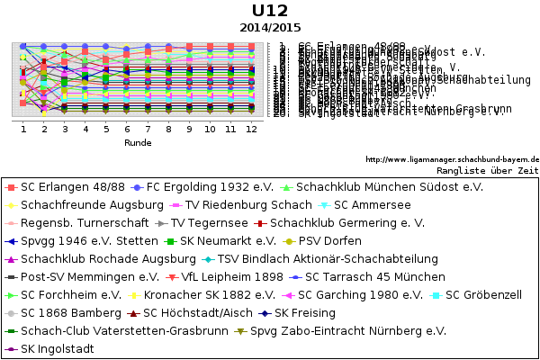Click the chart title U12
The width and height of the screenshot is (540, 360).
coord(270,11)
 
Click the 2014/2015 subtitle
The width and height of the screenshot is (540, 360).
coord(270,28)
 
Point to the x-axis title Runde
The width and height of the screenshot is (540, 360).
coord(138,142)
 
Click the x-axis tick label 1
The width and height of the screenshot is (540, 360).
coord(23,130)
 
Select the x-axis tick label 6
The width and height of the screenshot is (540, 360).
coord(127,130)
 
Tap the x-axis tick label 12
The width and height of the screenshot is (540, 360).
coord(251,130)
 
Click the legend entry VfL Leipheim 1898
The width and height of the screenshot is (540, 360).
coord(232,277)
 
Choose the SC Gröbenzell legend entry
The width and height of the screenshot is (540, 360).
coord(483,295)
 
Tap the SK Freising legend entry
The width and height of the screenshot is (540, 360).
coord(304,313)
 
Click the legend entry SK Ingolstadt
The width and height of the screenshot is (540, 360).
coord(57,349)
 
